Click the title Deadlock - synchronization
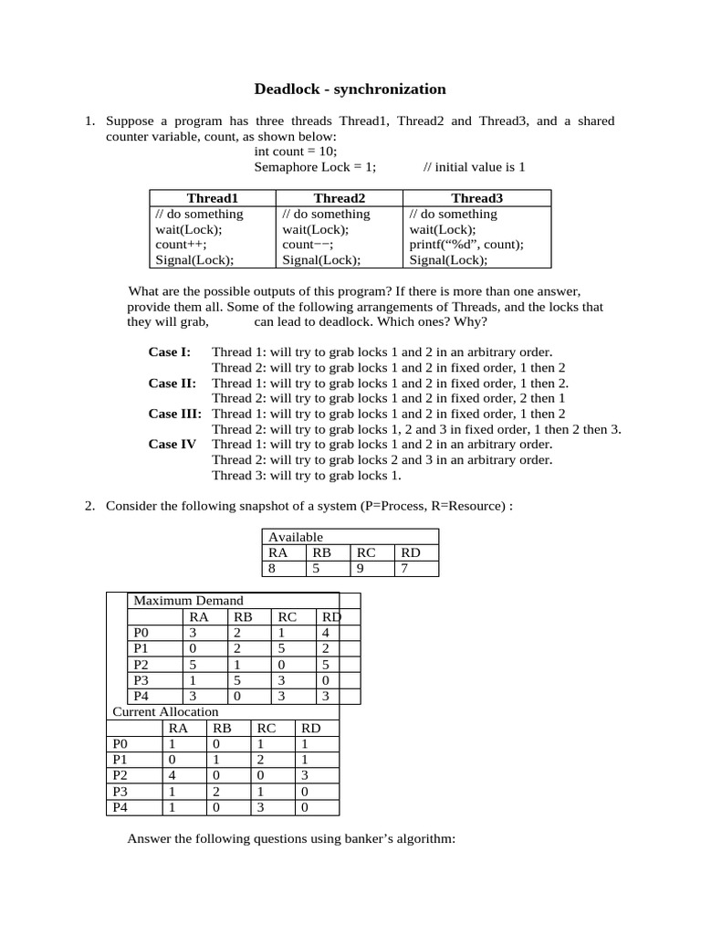[350, 89]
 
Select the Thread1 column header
[212, 198]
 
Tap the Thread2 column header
[339, 198]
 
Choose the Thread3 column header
[476, 198]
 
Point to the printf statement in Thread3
[466, 245]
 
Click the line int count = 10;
[296, 152]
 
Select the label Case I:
[170, 352]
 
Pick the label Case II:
[173, 383]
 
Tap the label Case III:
[175, 414]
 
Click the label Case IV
[173, 445]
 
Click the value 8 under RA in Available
[271, 569]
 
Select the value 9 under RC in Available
[361, 569]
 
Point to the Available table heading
[296, 537]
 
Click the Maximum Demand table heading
[189, 600]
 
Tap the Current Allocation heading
[165, 711]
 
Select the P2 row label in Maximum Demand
[140, 664]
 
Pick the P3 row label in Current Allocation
[119, 792]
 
